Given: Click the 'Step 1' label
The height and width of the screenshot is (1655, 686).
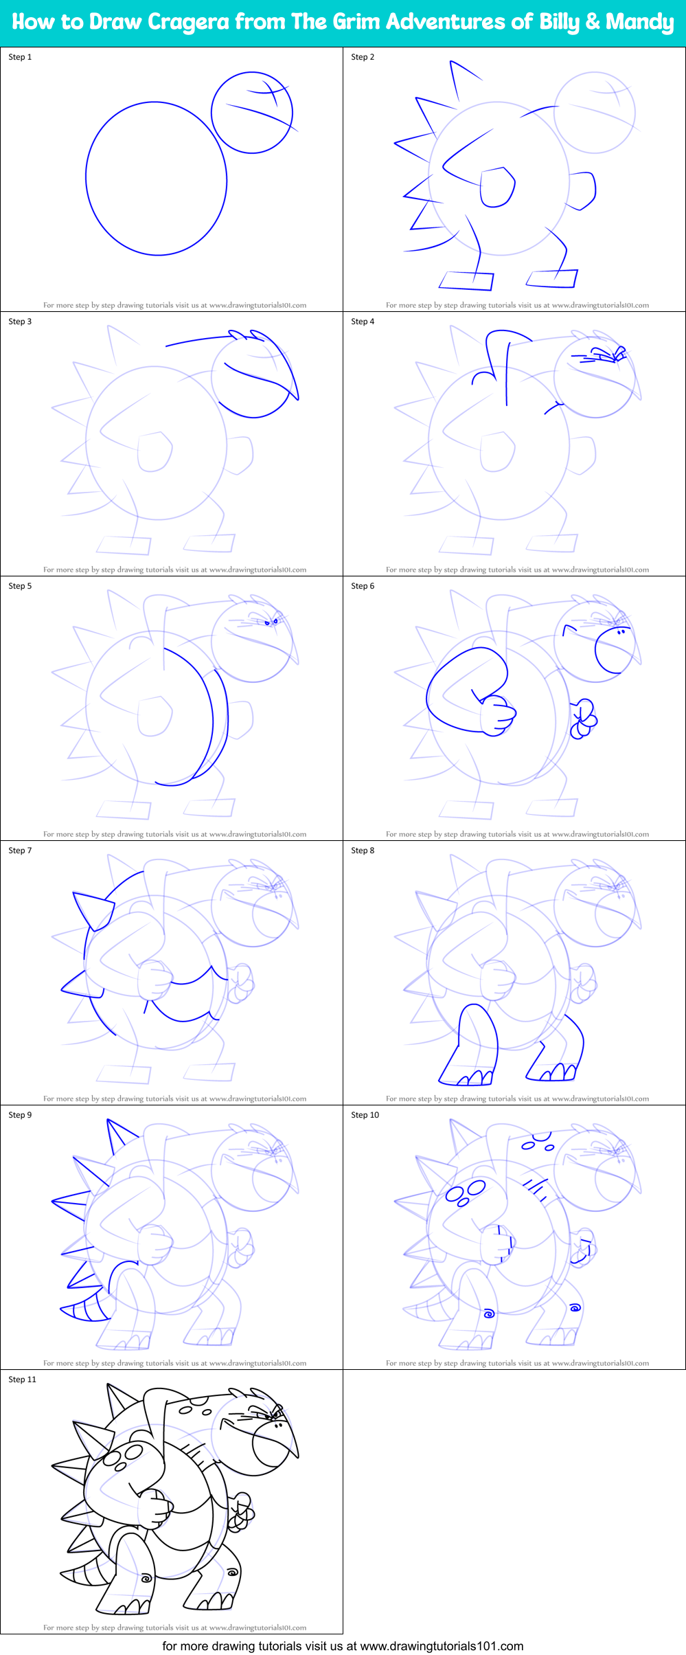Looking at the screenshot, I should pyautogui.click(x=20, y=57).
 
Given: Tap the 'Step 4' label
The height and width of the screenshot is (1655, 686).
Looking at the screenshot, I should pyautogui.click(x=363, y=322).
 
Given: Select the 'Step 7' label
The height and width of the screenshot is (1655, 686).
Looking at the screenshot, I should pyautogui.click(x=20, y=851).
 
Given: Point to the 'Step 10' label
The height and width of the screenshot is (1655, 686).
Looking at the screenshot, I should pyautogui.click(x=365, y=1115).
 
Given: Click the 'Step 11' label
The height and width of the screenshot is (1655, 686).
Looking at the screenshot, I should pyautogui.click(x=22, y=1380).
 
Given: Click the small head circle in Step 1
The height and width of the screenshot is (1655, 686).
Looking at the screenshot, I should pyautogui.click(x=252, y=113).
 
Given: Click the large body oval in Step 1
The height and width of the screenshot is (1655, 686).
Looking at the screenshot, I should pyautogui.click(x=156, y=179).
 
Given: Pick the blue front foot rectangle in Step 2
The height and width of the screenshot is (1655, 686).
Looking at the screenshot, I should pyautogui.click(x=466, y=280).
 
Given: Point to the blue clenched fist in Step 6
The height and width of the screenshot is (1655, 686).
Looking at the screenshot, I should pyautogui.click(x=496, y=716).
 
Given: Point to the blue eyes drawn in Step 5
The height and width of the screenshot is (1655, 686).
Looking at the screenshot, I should pyautogui.click(x=272, y=622).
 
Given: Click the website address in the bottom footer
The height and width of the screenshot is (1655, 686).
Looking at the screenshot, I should pyautogui.click(x=442, y=1646).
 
